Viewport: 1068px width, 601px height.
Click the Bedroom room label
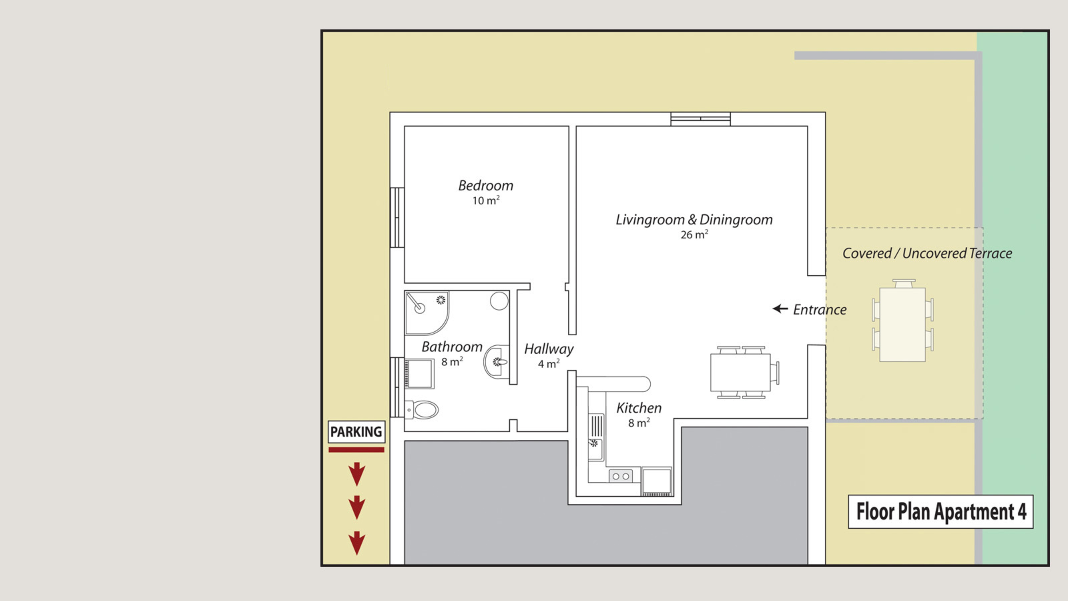pos(485,185)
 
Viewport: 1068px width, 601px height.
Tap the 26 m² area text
pos(694,234)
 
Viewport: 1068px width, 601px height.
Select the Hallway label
pos(549,349)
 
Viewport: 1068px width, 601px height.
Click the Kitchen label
pos(639,408)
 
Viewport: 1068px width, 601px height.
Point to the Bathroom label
pos(452,347)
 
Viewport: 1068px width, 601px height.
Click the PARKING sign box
pos(356,432)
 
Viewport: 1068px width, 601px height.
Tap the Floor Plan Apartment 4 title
pos(941,512)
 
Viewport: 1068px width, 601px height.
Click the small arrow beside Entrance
pos(780,309)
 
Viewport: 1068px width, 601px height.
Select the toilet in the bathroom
pos(421,410)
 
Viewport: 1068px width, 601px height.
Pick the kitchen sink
pos(596,437)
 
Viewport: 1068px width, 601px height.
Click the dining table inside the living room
pos(740,372)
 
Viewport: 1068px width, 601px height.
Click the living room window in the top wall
pos(701,119)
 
